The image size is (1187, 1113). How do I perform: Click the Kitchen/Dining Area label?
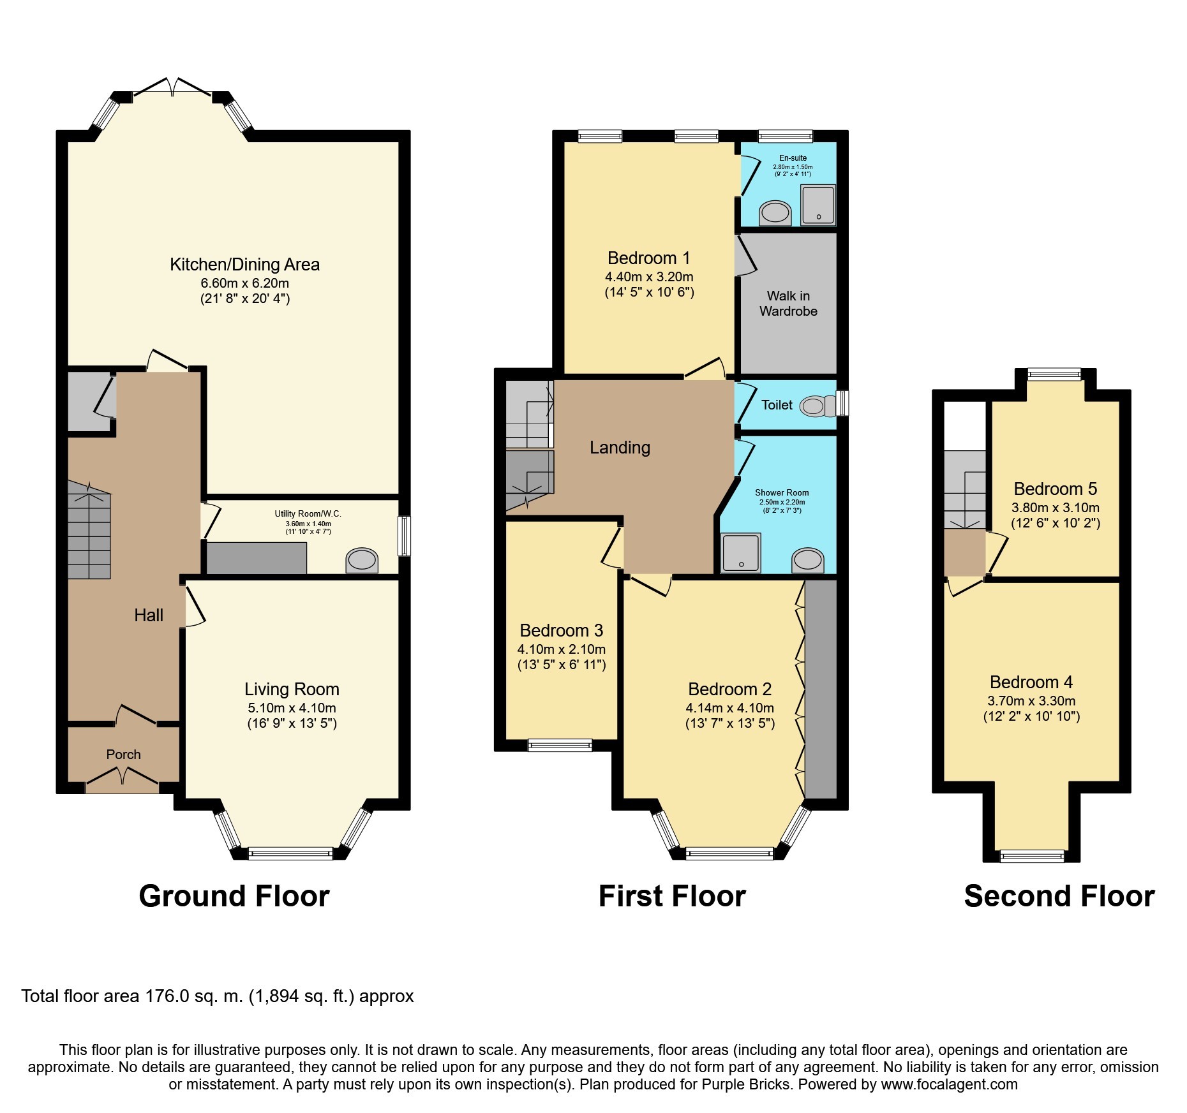[x=244, y=265]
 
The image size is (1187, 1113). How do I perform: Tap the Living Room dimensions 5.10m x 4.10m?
[x=292, y=708]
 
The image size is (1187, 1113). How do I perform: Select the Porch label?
[x=123, y=755]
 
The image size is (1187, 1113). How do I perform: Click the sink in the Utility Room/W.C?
[x=361, y=561]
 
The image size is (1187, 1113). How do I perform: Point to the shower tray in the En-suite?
[x=818, y=205]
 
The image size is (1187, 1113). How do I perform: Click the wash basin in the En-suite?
[x=775, y=213]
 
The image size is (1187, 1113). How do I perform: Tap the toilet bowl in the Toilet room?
[x=815, y=406]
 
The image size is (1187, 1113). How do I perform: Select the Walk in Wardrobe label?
[x=788, y=304]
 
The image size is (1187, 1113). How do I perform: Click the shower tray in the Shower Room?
[x=741, y=552]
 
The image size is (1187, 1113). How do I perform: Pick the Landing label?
[x=620, y=448]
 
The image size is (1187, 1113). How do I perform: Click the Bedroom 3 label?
[x=561, y=631]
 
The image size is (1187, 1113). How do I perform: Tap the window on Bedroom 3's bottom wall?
[x=560, y=744]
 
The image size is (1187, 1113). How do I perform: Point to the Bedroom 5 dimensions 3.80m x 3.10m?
[x=1055, y=508]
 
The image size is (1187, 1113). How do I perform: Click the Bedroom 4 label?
[x=1031, y=682]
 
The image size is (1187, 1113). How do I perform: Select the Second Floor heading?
[x=1059, y=896]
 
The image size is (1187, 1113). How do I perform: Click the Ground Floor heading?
[x=234, y=896]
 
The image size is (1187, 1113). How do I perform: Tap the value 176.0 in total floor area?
[x=168, y=996]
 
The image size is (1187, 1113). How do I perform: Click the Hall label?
[x=149, y=615]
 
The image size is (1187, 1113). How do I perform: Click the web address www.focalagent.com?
[x=949, y=1084]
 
